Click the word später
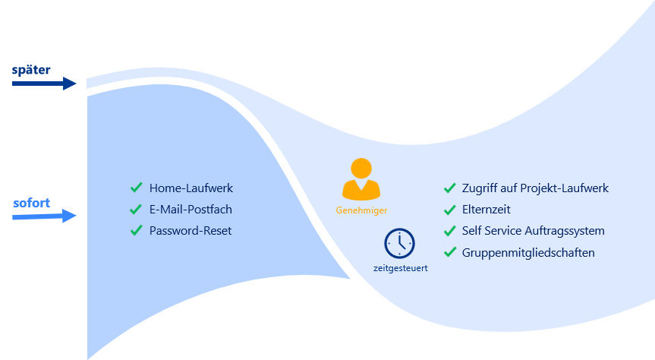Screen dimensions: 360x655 31,70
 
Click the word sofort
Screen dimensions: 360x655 31,204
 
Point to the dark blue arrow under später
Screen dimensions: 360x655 45,83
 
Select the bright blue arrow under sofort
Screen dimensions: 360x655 45,216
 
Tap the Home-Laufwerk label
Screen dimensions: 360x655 191,188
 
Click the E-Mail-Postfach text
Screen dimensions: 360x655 191,209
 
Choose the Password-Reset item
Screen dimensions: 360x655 191,230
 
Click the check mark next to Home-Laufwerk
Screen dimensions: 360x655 137,188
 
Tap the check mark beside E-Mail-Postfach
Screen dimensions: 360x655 137,209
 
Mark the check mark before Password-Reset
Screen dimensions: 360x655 137,230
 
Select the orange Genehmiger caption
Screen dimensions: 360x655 361,210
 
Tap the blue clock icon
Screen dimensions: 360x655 399,243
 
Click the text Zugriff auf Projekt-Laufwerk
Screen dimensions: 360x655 535,188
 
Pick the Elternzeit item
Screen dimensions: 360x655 486,209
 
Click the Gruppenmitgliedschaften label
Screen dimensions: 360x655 528,252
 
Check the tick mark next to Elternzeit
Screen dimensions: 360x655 449,209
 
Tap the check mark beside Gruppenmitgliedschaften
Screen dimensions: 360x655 449,252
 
